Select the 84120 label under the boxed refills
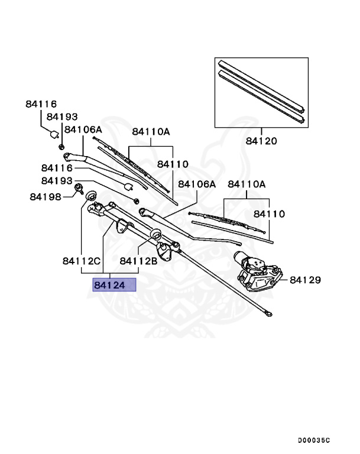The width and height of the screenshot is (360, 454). (261, 142)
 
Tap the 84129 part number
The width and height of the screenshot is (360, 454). (304, 279)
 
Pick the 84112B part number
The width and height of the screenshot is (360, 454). (138, 261)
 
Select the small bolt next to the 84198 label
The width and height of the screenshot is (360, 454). (78, 190)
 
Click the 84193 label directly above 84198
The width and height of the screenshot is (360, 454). (56, 180)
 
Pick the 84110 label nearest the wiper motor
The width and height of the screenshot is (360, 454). (270, 214)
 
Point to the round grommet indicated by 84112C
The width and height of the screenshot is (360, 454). (92, 196)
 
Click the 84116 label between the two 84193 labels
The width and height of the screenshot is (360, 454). (56, 168)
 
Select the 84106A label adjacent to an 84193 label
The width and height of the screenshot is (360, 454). (83, 129)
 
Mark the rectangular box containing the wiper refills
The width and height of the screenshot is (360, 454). (261, 93)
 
